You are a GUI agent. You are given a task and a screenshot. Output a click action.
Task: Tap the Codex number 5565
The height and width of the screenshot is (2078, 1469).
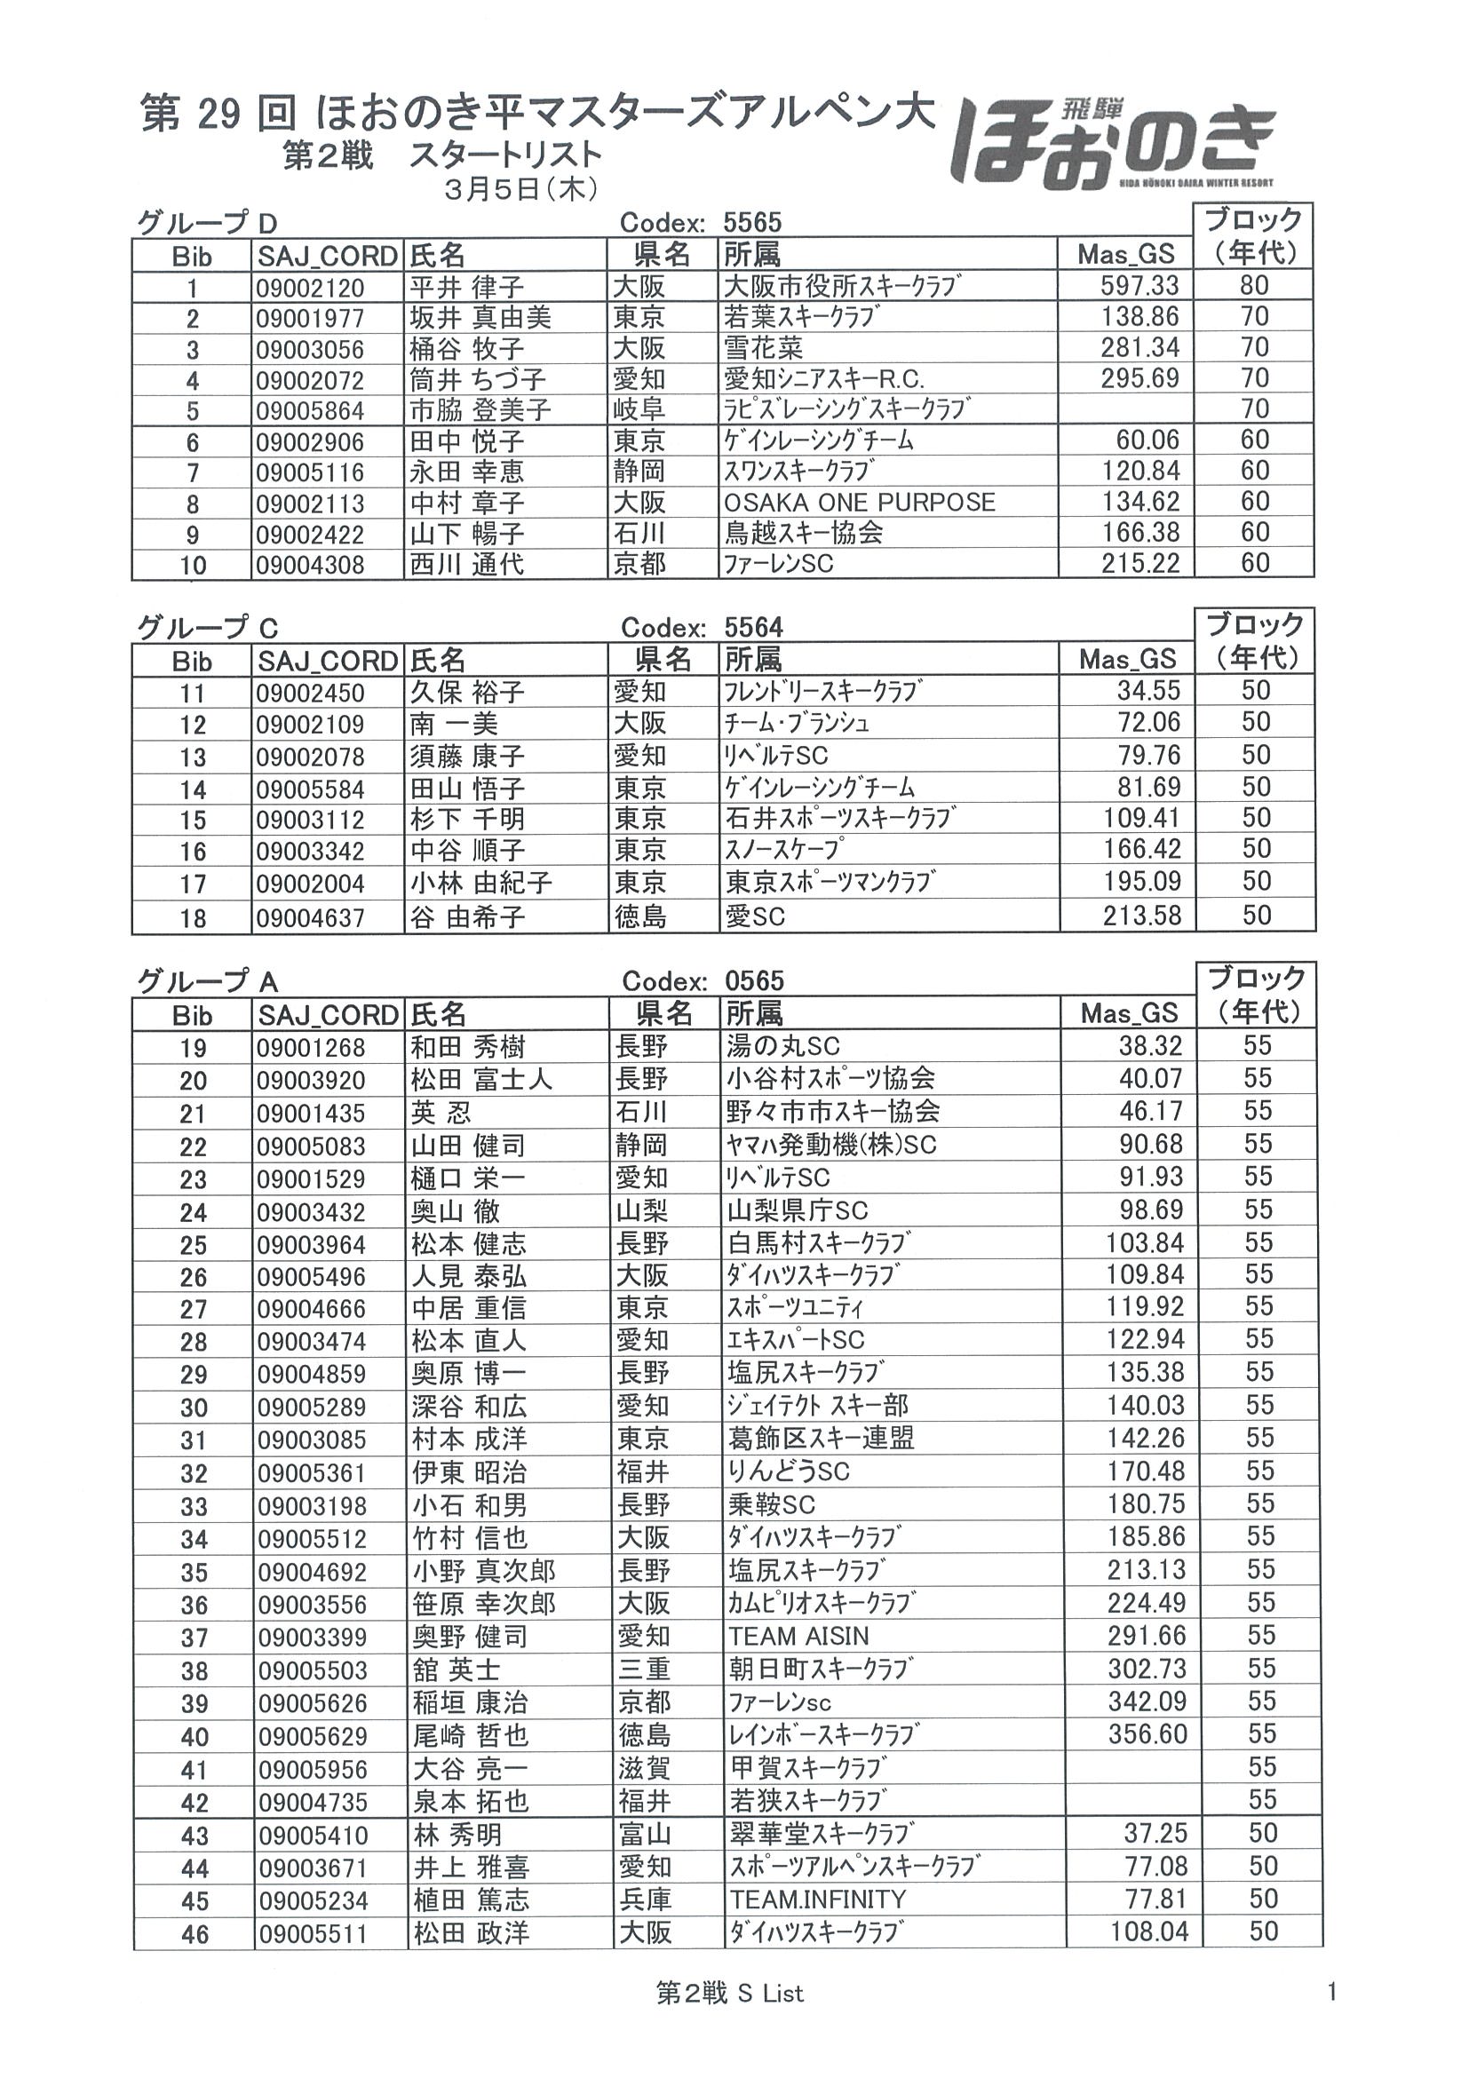point(752,223)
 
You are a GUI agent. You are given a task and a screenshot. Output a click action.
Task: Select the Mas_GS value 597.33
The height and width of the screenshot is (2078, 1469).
point(1139,286)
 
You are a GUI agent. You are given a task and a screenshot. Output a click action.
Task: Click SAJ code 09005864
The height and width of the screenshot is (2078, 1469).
point(310,411)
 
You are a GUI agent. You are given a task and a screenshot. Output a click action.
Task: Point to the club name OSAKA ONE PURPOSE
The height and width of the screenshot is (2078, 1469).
point(859,503)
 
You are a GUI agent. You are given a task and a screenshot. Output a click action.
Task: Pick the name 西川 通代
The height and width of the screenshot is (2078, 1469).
point(466,564)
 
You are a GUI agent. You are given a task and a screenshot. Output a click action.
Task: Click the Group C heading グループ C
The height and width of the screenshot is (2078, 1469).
point(207,627)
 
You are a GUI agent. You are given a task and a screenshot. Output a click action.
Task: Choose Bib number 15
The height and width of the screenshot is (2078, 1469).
point(193,820)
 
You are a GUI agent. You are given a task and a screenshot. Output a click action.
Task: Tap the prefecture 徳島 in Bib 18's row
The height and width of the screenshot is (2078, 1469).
point(640,916)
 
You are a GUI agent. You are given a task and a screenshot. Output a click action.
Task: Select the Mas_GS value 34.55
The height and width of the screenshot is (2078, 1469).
point(1148,692)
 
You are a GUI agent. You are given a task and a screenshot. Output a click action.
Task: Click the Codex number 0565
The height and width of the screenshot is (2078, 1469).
point(754,981)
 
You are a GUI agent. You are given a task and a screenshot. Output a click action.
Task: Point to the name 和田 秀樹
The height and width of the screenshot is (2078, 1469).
point(468,1047)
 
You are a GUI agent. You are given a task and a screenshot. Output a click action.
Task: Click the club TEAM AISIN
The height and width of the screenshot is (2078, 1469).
point(798,1637)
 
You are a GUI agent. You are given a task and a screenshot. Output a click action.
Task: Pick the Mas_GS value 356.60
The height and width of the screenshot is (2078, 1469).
point(1147,1734)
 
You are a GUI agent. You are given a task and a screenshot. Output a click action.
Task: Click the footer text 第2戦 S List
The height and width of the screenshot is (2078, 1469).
point(729,1993)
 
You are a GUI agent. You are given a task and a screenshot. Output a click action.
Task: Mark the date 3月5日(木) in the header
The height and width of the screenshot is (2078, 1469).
point(520,188)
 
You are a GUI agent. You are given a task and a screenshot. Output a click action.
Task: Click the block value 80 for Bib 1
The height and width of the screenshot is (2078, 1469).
point(1253,286)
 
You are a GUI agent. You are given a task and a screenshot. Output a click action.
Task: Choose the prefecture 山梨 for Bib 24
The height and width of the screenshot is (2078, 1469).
point(642,1211)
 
